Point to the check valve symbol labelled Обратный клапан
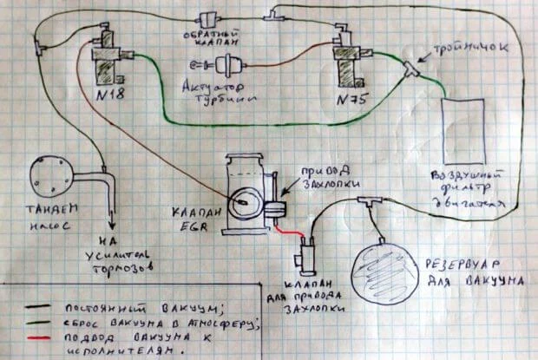[208, 18]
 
